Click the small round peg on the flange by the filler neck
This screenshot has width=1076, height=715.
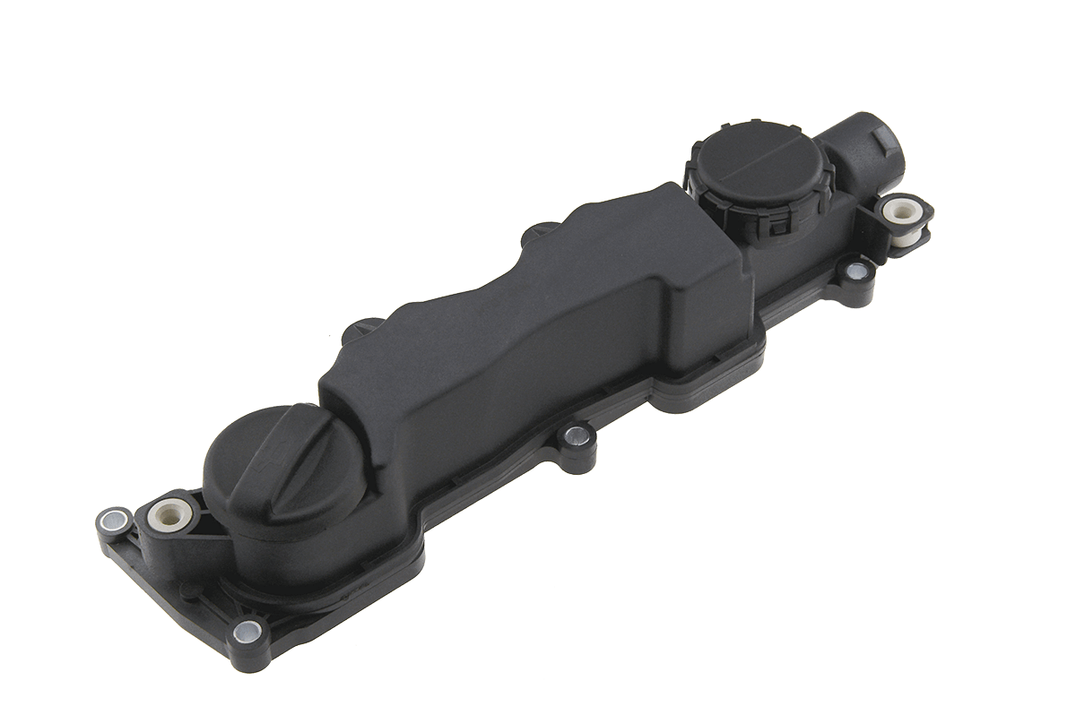click(187, 590)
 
